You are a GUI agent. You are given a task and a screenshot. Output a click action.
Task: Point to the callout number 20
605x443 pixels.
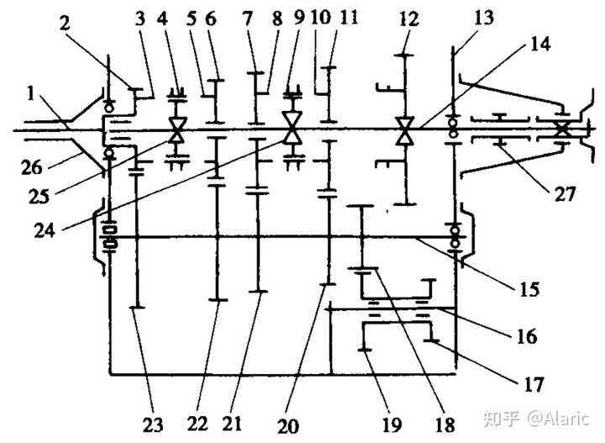coord(288,425)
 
